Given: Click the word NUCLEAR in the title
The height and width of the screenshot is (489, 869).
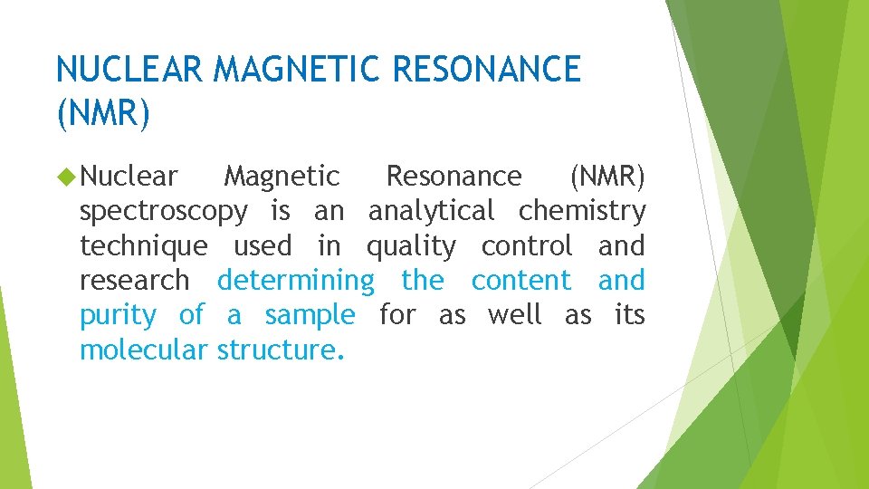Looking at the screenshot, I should pos(130,69).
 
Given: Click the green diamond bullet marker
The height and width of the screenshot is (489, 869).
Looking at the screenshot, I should pos(65,176).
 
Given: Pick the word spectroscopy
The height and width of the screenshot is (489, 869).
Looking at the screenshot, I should pos(163,212).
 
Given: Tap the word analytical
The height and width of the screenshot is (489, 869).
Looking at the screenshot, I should pos(431,211).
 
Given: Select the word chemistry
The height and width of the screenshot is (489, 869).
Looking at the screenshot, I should pos(582,211).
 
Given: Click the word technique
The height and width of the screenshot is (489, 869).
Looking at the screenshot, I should pos(143,246).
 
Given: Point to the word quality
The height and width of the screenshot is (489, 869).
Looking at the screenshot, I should pos(411,246).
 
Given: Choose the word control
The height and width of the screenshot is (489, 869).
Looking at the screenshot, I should pos(527,245).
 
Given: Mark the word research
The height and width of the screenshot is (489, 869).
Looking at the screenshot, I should pos(135,281).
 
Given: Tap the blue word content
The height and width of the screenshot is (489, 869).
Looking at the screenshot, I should pos(521,281).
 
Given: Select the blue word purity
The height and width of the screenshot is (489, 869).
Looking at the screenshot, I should pos(118,316).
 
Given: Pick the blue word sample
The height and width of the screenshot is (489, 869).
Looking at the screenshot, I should pos(310,316).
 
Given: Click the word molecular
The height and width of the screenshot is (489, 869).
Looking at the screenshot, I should pos(144,350).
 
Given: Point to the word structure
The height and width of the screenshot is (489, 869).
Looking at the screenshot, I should pos(280,350).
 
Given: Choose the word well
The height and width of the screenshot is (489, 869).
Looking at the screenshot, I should pos(514,315).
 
